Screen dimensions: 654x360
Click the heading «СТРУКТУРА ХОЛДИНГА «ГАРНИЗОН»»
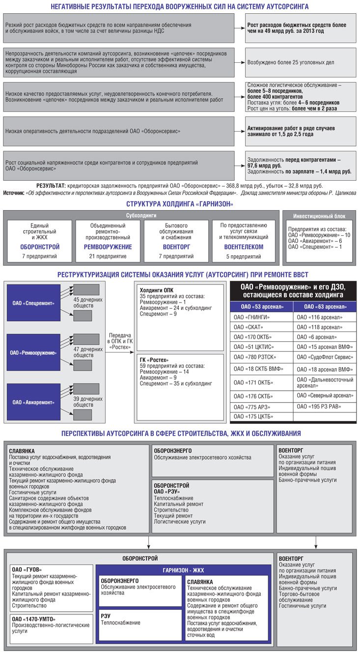(x=180, y=204)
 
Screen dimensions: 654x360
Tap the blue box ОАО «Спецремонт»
(x=34, y=303)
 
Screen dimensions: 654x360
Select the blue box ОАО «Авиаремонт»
(x=34, y=402)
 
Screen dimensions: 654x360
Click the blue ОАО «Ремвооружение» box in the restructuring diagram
(x=34, y=353)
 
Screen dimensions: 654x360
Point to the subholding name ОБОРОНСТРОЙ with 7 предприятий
(x=40, y=247)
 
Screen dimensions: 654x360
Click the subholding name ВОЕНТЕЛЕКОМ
(x=244, y=247)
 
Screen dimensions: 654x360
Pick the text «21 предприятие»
(x=108, y=256)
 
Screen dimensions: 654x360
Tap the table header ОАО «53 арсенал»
(x=261, y=307)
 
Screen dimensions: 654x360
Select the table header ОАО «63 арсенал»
(x=324, y=307)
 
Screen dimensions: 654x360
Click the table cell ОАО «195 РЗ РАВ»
(x=318, y=407)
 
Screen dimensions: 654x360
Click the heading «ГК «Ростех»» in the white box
(x=154, y=360)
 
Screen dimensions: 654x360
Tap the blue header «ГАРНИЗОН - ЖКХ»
(x=183, y=570)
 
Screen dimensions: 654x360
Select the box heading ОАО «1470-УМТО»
(x=34, y=619)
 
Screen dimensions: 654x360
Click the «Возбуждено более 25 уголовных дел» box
(x=301, y=62)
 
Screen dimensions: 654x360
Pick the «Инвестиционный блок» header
(x=319, y=216)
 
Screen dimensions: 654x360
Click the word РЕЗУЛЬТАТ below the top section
(x=51, y=186)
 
